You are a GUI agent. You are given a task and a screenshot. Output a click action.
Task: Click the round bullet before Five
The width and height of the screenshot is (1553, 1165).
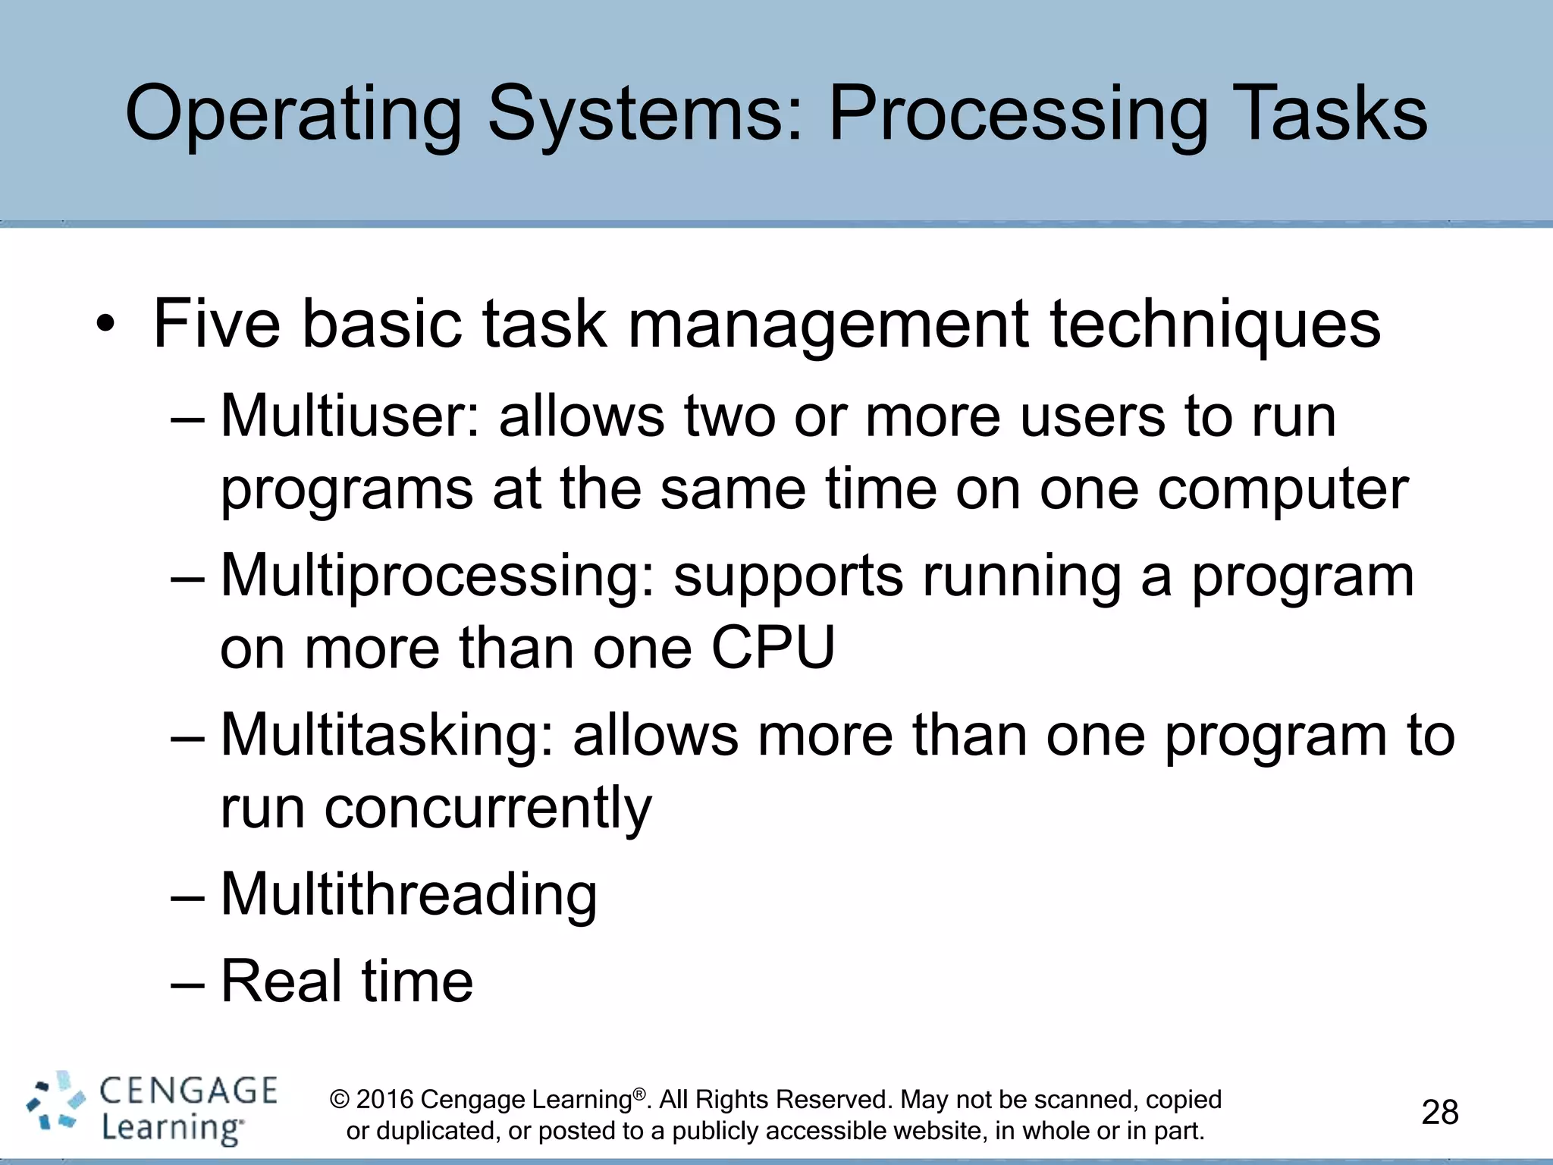pos(105,325)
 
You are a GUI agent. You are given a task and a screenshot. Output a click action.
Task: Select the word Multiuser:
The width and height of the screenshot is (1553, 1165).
pos(350,416)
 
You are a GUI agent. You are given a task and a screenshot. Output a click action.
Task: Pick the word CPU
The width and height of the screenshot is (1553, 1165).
pos(773,648)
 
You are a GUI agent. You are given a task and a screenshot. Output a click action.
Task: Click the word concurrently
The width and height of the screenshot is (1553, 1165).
pos(488,808)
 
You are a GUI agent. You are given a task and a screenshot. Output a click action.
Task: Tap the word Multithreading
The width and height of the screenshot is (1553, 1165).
pos(409,894)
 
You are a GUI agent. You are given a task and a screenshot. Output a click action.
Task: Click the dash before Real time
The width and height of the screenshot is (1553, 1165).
pos(187,983)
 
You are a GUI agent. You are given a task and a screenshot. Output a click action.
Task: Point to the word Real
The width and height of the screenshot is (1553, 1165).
pos(281,981)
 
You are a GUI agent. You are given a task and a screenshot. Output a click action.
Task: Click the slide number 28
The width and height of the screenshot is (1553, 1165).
pos(1439,1113)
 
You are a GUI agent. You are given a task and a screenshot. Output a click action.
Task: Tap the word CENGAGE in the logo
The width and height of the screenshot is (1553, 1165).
pos(189,1091)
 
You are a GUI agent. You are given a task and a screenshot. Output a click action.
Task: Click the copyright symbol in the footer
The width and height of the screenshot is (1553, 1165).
pos(340,1100)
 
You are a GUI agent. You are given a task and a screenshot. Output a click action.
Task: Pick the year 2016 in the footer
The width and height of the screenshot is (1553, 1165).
pos(384,1100)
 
